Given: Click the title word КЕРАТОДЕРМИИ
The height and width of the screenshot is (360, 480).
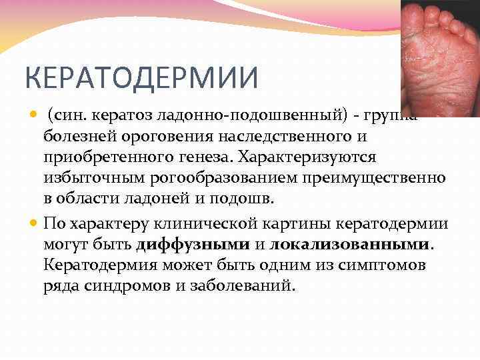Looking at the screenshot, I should coord(141,79).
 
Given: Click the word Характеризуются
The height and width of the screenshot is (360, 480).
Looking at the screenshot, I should coord(300,158).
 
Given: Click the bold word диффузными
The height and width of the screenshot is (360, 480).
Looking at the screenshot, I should coord(193,244).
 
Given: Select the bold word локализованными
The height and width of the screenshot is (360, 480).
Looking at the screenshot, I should coord(350,244).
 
